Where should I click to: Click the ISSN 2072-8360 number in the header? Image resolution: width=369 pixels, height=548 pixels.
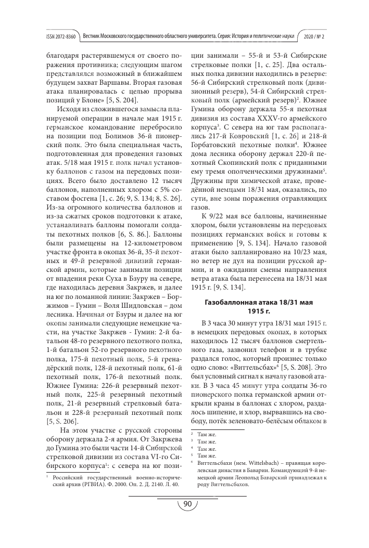click(x=61, y=37)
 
